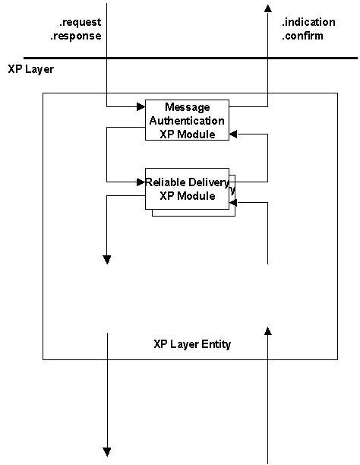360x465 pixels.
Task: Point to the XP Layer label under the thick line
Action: coord(30,69)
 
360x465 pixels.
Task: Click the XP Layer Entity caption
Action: coord(192,344)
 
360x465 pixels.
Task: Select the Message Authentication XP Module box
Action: coord(187,120)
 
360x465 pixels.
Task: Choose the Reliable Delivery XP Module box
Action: coord(187,188)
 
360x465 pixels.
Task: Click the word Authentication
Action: coord(187,120)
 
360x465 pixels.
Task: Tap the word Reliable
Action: coord(166,182)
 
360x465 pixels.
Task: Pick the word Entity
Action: coord(214,344)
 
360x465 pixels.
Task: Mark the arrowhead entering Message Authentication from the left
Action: coord(141,106)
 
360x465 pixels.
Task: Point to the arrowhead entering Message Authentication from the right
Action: coord(233,134)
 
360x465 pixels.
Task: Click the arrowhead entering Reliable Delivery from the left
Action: coord(141,182)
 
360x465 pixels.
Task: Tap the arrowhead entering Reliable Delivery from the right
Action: coord(233,202)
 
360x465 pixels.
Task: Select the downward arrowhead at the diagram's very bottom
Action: coord(107,451)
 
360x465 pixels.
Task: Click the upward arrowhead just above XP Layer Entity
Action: coord(268,330)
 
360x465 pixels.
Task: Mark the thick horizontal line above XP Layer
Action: coord(180,58)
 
